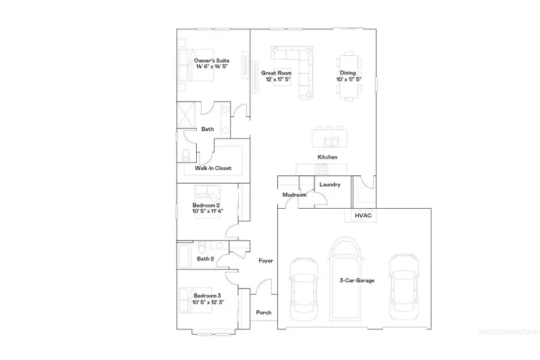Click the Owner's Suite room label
click(x=211, y=61)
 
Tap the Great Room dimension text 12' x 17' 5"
click(x=278, y=79)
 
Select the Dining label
click(x=348, y=73)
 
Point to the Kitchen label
click(x=327, y=157)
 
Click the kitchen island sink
click(x=331, y=142)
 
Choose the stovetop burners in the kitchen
click(x=322, y=169)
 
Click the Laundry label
click(x=329, y=185)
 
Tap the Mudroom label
click(x=295, y=195)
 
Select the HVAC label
click(x=364, y=215)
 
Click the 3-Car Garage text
click(x=357, y=280)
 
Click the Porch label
click(x=263, y=313)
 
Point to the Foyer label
click(x=266, y=261)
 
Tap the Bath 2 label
click(x=205, y=259)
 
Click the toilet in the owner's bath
click(x=186, y=155)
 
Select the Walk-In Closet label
click(x=213, y=168)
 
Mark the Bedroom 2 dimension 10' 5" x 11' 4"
click(x=208, y=211)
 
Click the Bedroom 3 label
click(x=207, y=296)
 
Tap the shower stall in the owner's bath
click(x=186, y=115)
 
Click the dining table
click(x=349, y=76)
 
